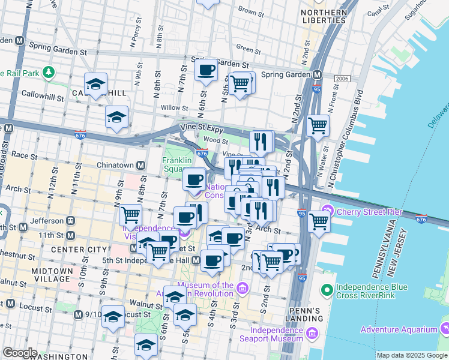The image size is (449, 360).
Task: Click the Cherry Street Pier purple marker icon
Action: (328, 211)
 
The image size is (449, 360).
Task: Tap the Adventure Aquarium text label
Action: (399, 329)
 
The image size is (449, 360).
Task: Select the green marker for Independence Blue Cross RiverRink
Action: (327, 291)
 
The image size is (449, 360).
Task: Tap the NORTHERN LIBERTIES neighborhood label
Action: (325, 17)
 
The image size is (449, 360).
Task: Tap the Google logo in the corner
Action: (20, 353)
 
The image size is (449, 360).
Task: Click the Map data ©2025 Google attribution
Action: (412, 355)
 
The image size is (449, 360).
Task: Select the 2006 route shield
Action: (342, 79)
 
